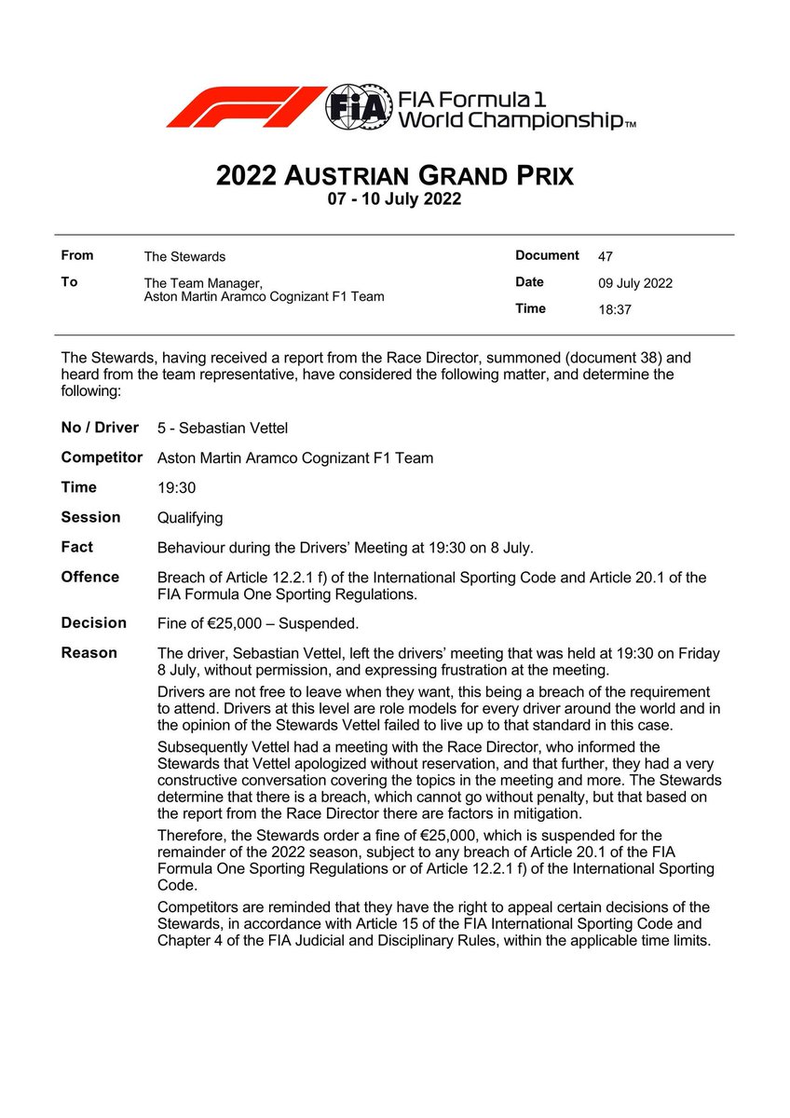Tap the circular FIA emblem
[359, 106]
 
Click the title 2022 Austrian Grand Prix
[395, 175]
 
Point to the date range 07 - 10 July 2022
[395, 198]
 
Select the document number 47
[606, 255]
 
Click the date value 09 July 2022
[635, 283]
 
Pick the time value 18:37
[615, 310]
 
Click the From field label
[77, 255]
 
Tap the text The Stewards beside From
[184, 257]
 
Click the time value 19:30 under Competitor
[176, 488]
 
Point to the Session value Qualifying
[190, 518]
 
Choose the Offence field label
[90, 577]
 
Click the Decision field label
[93, 622]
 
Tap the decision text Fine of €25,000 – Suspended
[258, 623]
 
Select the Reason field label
[89, 652]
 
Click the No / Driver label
[100, 428]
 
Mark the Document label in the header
[547, 255]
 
